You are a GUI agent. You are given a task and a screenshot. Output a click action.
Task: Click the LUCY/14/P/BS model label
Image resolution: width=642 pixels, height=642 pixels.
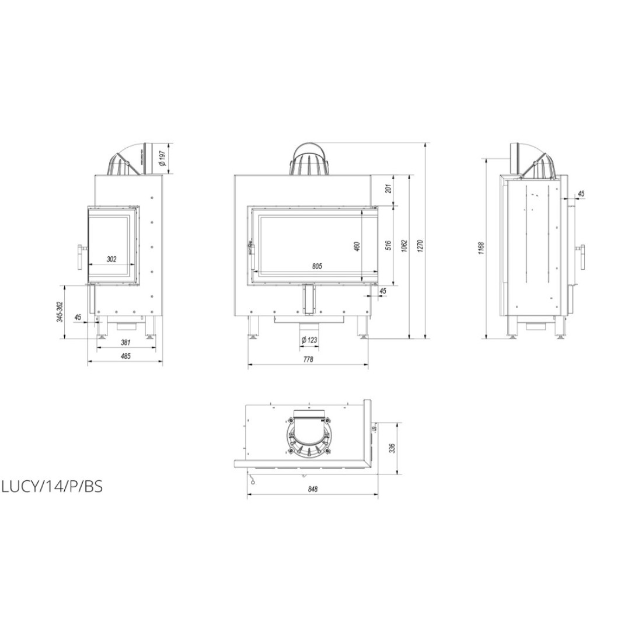click(53, 487)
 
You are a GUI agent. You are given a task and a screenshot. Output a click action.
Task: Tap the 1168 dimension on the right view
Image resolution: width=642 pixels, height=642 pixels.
click(481, 248)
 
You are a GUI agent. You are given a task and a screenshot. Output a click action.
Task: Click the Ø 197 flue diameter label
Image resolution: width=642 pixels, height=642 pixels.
click(162, 158)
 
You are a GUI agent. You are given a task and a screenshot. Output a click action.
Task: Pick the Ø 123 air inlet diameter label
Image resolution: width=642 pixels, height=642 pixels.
click(309, 340)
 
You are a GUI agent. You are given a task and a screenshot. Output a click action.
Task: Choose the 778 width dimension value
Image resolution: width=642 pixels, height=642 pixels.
click(308, 359)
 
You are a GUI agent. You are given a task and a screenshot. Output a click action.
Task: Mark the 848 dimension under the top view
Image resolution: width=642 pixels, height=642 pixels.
click(312, 489)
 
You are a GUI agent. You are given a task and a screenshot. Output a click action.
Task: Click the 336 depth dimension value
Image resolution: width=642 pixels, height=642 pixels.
click(392, 448)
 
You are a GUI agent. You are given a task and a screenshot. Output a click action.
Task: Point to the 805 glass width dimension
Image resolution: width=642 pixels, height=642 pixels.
click(317, 266)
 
